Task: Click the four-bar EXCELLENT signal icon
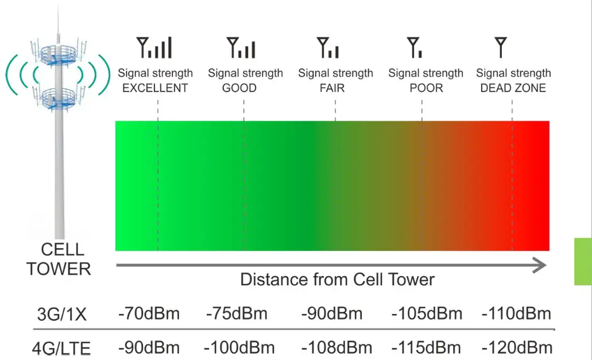pos(154,48)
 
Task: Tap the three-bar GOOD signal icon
pos(241,48)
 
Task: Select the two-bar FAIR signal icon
pos(328,48)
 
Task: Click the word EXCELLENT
pos(155,88)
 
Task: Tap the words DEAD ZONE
pos(513,88)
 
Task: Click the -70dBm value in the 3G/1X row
pos(149,314)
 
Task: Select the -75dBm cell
pos(237,314)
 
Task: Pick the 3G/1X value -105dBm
pos(427,314)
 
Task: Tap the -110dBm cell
pos(516,314)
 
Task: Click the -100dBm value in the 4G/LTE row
pos(239,348)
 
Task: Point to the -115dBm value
pos(426,348)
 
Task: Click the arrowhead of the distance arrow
pos(539,265)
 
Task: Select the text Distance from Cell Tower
pos(337,280)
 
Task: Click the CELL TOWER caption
pos(59,259)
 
